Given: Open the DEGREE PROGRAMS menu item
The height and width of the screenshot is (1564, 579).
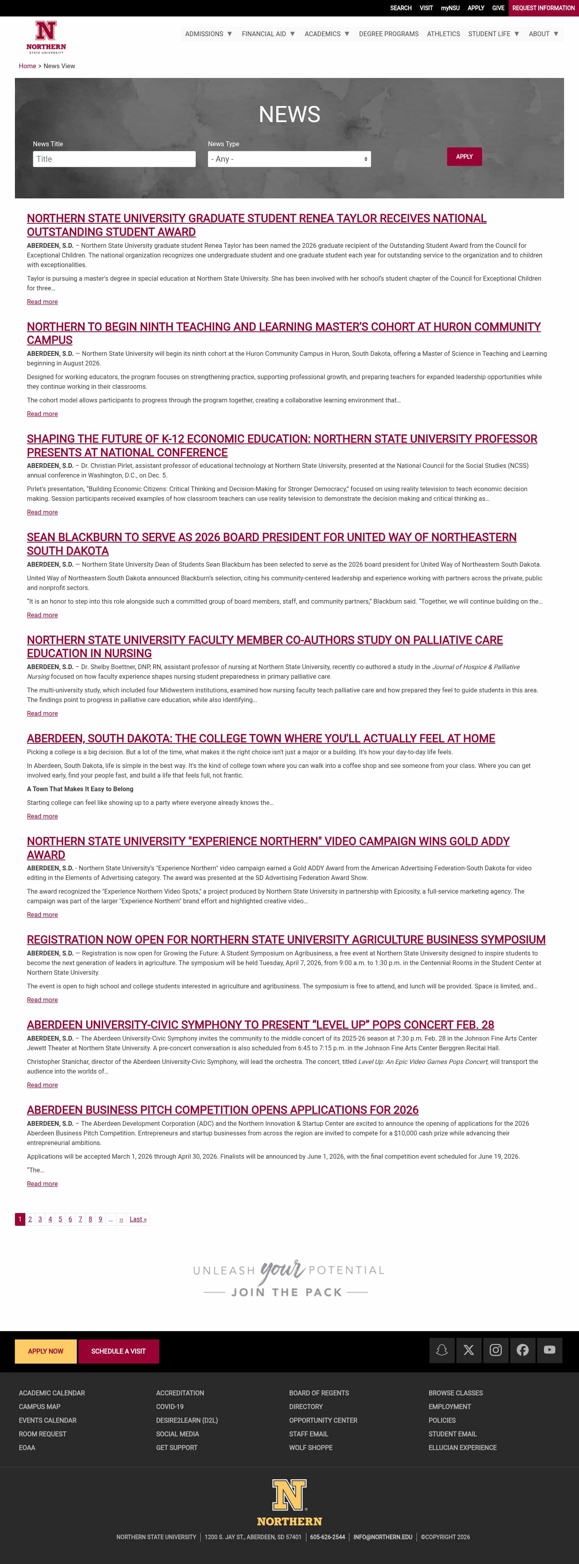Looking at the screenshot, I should click(x=388, y=34).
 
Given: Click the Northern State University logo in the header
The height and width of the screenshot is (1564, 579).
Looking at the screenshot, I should click(x=46, y=37).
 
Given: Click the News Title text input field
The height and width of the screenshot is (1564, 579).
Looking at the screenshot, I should click(x=114, y=159).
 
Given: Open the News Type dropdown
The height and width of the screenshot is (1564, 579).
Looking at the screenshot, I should click(x=289, y=159).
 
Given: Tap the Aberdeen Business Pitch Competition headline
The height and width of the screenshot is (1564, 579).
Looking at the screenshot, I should click(x=222, y=1110).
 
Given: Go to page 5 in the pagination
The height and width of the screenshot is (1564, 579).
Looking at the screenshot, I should click(x=60, y=1219).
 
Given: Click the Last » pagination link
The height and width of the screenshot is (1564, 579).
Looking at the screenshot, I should click(x=138, y=1219).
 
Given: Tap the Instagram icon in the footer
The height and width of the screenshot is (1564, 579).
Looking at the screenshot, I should click(x=496, y=1350).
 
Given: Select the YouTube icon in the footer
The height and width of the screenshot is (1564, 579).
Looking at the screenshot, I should click(x=549, y=1350).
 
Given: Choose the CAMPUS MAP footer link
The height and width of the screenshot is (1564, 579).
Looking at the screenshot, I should click(x=39, y=1407).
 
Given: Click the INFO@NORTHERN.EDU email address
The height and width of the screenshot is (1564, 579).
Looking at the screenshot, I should click(x=383, y=1537).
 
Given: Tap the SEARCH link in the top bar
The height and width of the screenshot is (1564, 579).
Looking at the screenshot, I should click(x=400, y=8).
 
